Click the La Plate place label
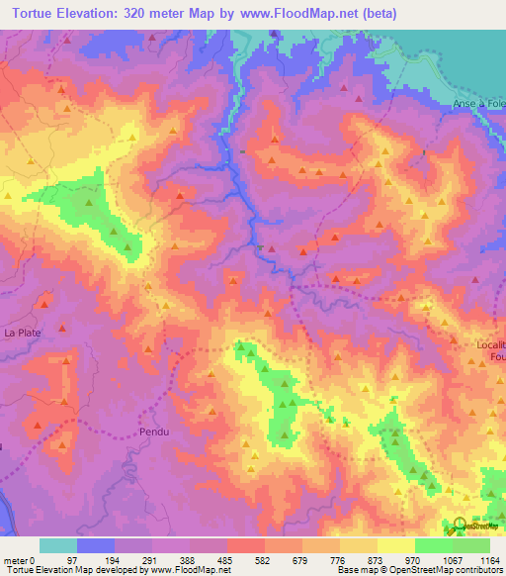click(22, 334)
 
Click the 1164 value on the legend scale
click(488, 559)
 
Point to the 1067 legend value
click(445, 559)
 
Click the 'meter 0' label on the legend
click(18, 559)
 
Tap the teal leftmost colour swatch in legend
click(58, 545)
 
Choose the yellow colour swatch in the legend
click(396, 545)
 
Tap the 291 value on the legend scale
click(140, 559)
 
